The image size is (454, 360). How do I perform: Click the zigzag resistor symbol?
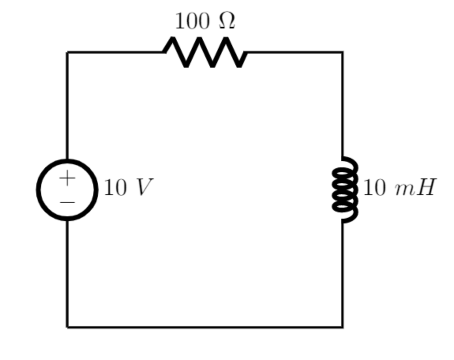(x=205, y=52)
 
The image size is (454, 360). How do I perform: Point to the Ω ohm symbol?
(x=227, y=21)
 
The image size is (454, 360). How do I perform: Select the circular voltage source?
(x=67, y=190)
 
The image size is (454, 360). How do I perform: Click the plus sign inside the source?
(x=67, y=178)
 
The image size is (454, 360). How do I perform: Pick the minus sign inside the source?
(x=67, y=202)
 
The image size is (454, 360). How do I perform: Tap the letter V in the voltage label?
(x=143, y=187)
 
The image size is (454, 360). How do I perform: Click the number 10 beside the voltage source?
(x=116, y=188)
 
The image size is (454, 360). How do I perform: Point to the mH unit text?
(x=415, y=187)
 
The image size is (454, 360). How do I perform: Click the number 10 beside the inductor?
(x=374, y=188)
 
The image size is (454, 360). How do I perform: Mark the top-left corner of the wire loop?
(x=67, y=52)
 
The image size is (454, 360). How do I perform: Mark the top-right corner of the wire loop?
(x=342, y=52)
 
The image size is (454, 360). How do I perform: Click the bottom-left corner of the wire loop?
(x=67, y=327)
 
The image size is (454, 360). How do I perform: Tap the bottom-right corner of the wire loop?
(x=342, y=327)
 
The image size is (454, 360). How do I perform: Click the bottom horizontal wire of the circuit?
(x=205, y=327)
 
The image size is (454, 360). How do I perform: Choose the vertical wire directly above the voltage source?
(x=67, y=105)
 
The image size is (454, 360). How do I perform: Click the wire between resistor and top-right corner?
(x=294, y=52)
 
